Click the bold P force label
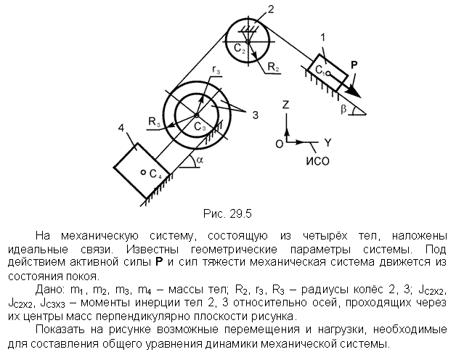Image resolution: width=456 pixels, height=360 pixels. pyautogui.click(x=354, y=65)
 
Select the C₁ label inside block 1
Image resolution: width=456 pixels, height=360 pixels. pyautogui.click(x=320, y=70)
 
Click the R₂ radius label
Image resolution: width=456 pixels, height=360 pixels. pyautogui.click(x=273, y=67)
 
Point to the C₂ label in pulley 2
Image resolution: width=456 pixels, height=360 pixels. pyautogui.click(x=240, y=49)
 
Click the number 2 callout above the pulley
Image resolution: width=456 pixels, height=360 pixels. pyautogui.click(x=271, y=9)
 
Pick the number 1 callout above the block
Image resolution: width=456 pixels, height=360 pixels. pyautogui.click(x=322, y=38)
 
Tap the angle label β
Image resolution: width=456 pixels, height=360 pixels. pyautogui.click(x=343, y=109)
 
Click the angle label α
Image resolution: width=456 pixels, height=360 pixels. pyautogui.click(x=200, y=160)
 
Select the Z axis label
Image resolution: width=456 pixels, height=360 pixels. pyautogui.click(x=285, y=104)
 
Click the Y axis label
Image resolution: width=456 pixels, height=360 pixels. pyautogui.click(x=327, y=143)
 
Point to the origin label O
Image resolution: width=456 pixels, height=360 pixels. pyautogui.click(x=279, y=144)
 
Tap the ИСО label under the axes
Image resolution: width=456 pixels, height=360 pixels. pyautogui.click(x=317, y=161)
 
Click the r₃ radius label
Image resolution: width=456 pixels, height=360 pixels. pyautogui.click(x=216, y=70)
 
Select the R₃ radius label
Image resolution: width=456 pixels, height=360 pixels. pyautogui.click(x=155, y=121)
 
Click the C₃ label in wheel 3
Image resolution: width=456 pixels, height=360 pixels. pyautogui.click(x=200, y=126)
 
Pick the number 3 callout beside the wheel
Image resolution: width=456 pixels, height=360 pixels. pyautogui.click(x=255, y=115)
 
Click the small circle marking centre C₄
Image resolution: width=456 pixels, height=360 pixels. pyautogui.click(x=143, y=173)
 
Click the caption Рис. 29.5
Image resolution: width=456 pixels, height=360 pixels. pyautogui.click(x=227, y=214)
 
